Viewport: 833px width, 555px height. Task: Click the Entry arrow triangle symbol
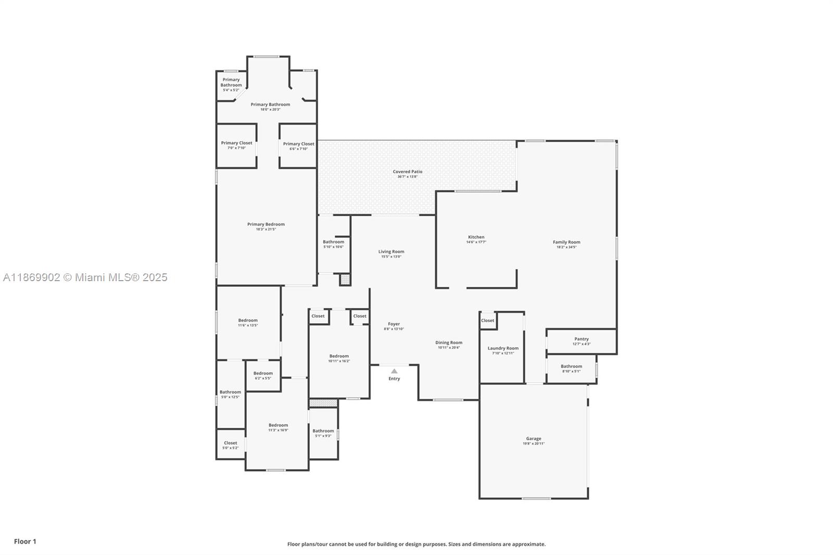pyautogui.click(x=394, y=371)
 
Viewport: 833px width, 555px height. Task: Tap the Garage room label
pyautogui.click(x=533, y=438)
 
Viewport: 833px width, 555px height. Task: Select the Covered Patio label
pyautogui.click(x=407, y=171)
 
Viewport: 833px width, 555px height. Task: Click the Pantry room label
pyautogui.click(x=581, y=339)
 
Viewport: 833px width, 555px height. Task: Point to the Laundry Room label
pyautogui.click(x=502, y=348)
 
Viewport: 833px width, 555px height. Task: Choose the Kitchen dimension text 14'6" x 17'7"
pyautogui.click(x=476, y=242)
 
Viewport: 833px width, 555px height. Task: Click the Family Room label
pyautogui.click(x=566, y=242)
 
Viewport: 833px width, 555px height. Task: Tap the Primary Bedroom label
pyautogui.click(x=266, y=224)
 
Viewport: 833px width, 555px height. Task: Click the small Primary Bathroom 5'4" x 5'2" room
pyautogui.click(x=231, y=84)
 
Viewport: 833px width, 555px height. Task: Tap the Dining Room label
pyautogui.click(x=448, y=343)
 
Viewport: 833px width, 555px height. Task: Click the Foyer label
pyautogui.click(x=394, y=324)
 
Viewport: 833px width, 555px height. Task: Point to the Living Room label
pyautogui.click(x=391, y=251)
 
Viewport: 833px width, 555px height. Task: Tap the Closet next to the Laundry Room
pyautogui.click(x=487, y=321)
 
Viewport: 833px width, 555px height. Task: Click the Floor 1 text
pyautogui.click(x=25, y=541)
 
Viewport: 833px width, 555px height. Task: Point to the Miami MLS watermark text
pyautogui.click(x=85, y=277)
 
